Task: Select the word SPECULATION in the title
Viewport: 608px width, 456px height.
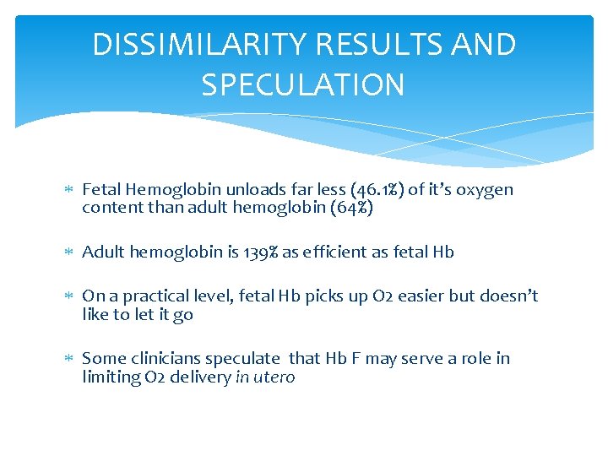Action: (x=303, y=84)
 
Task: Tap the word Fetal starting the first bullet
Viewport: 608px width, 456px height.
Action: (x=100, y=190)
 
